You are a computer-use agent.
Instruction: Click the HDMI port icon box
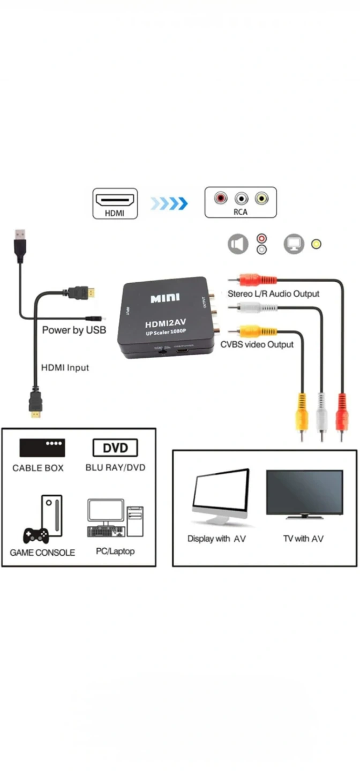[115, 203]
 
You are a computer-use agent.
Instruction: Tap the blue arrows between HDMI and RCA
[169, 203]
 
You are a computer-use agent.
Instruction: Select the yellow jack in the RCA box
[262, 199]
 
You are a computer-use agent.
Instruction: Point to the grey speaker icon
[238, 244]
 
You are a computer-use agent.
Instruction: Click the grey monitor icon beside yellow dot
[294, 244]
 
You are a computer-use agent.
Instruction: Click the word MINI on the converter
[165, 298]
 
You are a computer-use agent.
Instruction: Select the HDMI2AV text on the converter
[164, 324]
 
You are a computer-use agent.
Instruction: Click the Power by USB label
[74, 330]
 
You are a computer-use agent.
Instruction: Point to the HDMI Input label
[65, 368]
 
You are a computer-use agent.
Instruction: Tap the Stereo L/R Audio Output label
[273, 293]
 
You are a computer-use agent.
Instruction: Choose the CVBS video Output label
[257, 344]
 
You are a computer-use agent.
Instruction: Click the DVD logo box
[115, 448]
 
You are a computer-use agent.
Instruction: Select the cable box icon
[42, 448]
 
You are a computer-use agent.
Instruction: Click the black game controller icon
[36, 535]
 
